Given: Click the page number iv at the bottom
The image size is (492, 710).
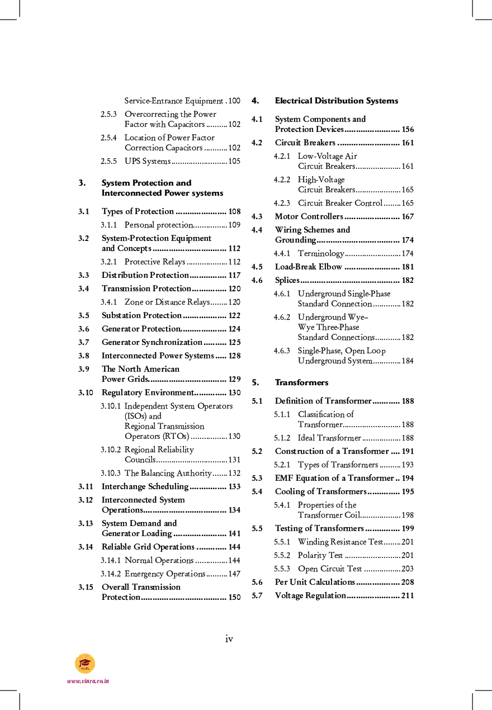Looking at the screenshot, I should pyautogui.click(x=229, y=639).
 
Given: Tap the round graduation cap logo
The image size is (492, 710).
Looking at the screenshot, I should pyautogui.click(x=85, y=664).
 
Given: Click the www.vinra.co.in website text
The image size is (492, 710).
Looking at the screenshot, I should pyautogui.click(x=88, y=681).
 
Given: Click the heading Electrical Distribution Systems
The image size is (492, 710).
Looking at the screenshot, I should pyautogui.click(x=336, y=101).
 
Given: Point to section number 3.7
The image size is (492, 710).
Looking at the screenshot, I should pyautogui.click(x=84, y=342).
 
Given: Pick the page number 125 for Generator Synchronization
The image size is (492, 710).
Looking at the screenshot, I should pyautogui.click(x=234, y=342).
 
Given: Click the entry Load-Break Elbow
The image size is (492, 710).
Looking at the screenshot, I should pyautogui.click(x=308, y=267).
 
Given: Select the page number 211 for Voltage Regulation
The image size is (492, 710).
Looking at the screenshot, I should pyautogui.click(x=408, y=595).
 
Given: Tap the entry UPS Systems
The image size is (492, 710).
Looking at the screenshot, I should pyautogui.click(x=147, y=161).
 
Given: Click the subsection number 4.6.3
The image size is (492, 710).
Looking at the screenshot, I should pyautogui.click(x=282, y=351).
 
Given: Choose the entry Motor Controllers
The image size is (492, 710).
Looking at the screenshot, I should pyautogui.click(x=309, y=216).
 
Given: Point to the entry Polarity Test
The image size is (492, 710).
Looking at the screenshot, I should pyautogui.click(x=320, y=555).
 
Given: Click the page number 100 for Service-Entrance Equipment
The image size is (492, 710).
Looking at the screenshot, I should pyautogui.click(x=234, y=101).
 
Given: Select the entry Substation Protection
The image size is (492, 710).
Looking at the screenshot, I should pyautogui.click(x=141, y=315).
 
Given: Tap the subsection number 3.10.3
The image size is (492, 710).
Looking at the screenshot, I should pyautogui.click(x=111, y=473).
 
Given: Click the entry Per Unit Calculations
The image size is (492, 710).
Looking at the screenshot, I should pyautogui.click(x=315, y=582).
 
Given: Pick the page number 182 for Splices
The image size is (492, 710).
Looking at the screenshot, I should pyautogui.click(x=408, y=280).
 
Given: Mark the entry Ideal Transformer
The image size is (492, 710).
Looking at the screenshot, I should pyautogui.click(x=329, y=438).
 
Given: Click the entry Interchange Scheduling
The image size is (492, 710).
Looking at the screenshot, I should pyautogui.click(x=145, y=486).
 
